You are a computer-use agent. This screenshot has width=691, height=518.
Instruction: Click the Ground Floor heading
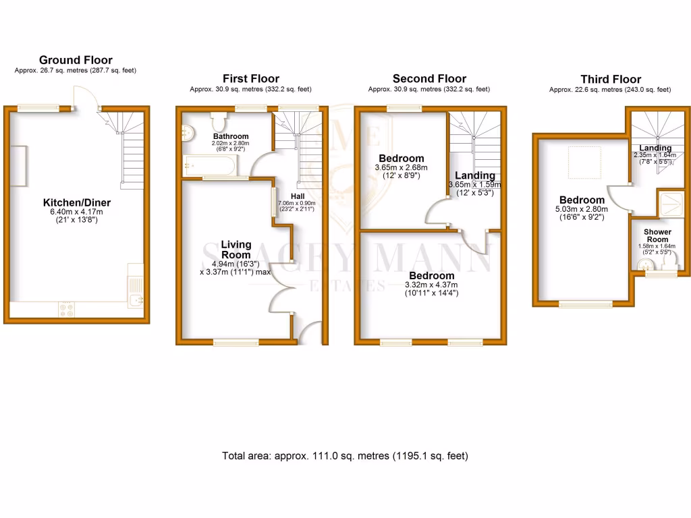point(76,60)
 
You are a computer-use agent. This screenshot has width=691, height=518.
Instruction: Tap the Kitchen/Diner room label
point(76,202)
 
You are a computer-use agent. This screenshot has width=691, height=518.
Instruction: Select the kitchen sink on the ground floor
point(136,299)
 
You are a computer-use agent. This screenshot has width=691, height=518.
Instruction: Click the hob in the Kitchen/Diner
point(67,309)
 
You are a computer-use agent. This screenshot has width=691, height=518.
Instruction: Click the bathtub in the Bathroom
point(209,165)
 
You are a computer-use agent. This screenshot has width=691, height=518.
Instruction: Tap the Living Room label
point(234,250)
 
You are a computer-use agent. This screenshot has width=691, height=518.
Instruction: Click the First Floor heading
point(250,78)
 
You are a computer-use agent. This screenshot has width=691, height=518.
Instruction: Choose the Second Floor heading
point(429,78)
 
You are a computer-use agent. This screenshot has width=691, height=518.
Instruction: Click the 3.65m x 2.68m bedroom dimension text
point(402,167)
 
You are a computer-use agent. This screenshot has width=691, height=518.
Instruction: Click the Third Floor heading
point(611,79)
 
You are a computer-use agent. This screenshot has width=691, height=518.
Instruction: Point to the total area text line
point(345,456)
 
